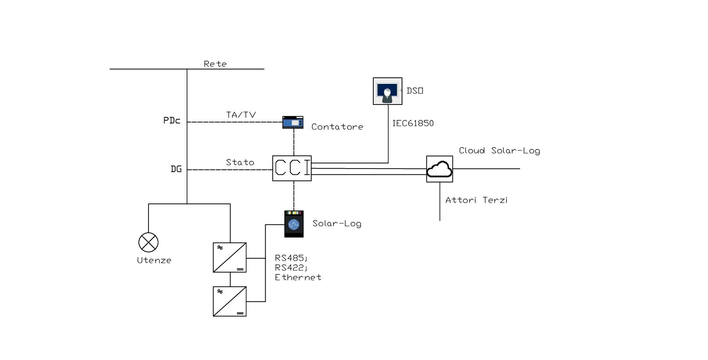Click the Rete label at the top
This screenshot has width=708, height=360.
[x=215, y=64]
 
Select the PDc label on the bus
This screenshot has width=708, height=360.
[x=172, y=121]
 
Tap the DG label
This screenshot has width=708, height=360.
[x=176, y=169]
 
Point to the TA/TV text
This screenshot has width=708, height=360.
[x=241, y=115]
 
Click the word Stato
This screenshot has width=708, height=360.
[x=240, y=162]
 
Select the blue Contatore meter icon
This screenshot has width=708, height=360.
[x=293, y=122]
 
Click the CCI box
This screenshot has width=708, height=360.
[x=292, y=168]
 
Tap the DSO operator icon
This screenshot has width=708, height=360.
[x=387, y=91]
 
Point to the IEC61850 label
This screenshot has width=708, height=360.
[x=413, y=123]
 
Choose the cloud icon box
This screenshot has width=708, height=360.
[x=440, y=169]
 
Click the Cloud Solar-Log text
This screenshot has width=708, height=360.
[x=499, y=151]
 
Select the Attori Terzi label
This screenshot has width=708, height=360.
[x=477, y=200]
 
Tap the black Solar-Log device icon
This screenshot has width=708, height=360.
[x=294, y=224]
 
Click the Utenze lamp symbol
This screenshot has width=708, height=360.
[x=148, y=242]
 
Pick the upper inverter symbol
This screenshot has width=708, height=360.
[x=230, y=258]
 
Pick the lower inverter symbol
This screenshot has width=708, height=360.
[x=230, y=302]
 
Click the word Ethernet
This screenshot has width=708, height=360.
[x=298, y=277]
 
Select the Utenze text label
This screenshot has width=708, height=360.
[x=154, y=260]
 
